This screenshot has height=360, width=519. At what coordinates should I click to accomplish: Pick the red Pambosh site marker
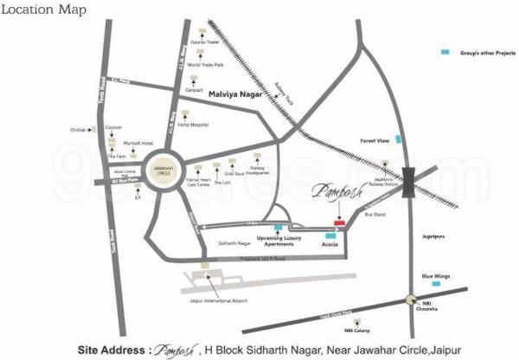click(340, 223)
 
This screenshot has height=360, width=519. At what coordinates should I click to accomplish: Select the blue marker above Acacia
click(329, 235)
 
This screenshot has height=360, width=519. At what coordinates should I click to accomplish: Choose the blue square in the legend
click(445, 53)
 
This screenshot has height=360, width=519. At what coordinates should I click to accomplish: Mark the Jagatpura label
click(433, 234)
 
